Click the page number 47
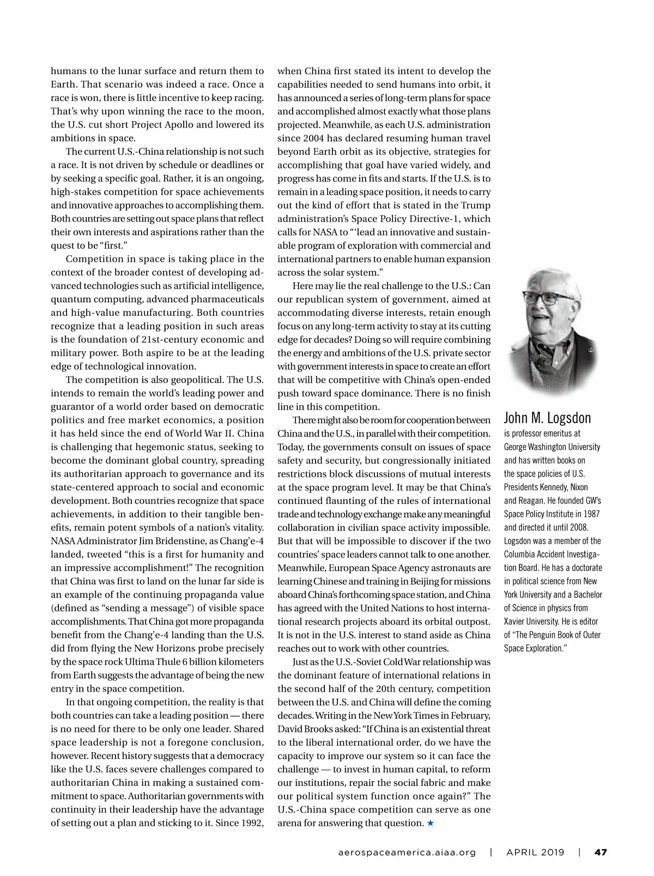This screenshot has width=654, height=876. [600, 852]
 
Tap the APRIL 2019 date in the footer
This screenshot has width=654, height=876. [535, 852]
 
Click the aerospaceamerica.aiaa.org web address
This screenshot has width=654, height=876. [407, 852]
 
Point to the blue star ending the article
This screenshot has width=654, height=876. [431, 823]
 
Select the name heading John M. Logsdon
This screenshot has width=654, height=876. [547, 418]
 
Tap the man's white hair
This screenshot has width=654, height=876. [545, 278]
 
